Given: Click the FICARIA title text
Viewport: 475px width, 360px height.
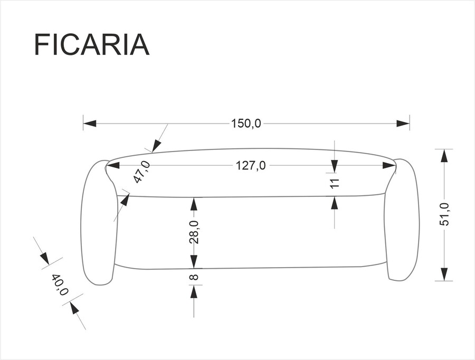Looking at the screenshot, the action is tap(92, 45).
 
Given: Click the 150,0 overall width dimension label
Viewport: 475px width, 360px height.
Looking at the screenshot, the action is tap(246, 124).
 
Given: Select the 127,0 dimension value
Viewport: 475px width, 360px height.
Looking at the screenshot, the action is tap(251, 165).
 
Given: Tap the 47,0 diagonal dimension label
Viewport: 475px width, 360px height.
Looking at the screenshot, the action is tap(142, 172).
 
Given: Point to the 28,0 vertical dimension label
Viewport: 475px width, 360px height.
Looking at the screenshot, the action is tap(194, 232).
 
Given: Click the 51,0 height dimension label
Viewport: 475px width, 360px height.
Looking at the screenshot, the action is tap(444, 214).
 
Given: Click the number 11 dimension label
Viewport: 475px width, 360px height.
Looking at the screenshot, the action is tap(335, 184).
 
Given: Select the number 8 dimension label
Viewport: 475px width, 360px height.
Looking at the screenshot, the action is tap(194, 277).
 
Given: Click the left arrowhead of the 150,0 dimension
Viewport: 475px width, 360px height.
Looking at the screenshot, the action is tap(90, 124).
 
